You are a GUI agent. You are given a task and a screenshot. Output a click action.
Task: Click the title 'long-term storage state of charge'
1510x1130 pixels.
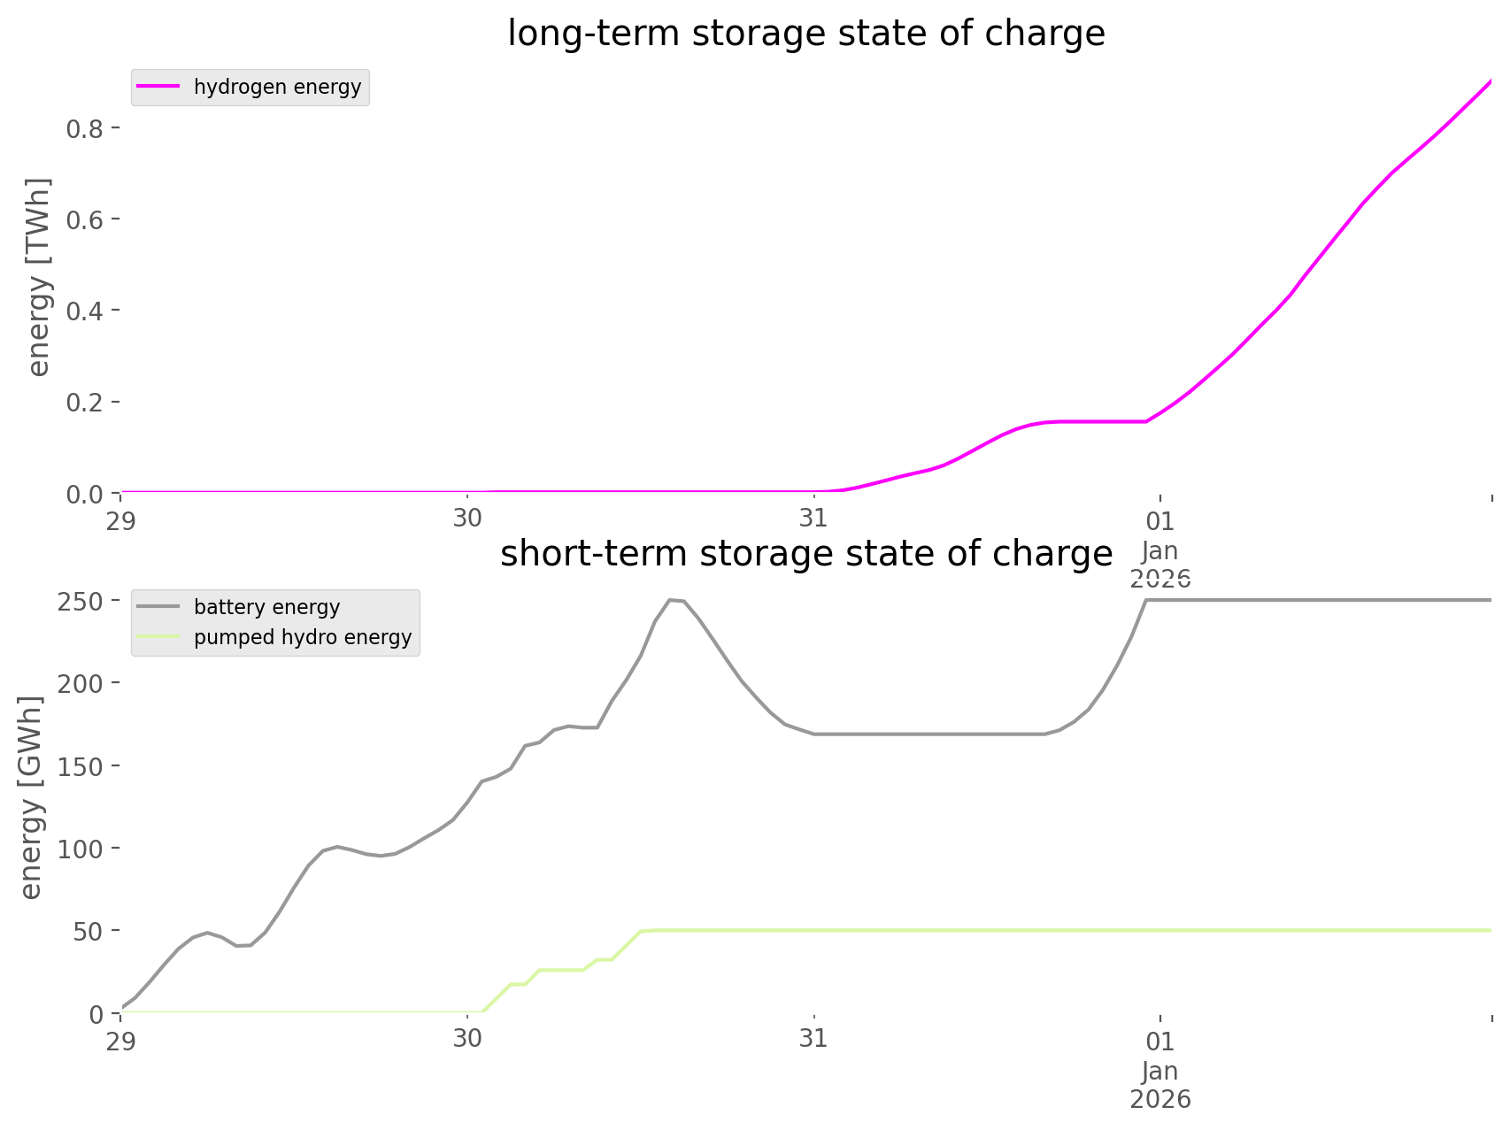click(x=805, y=34)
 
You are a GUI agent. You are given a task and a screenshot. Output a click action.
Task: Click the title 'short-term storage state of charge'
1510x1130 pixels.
click(x=805, y=554)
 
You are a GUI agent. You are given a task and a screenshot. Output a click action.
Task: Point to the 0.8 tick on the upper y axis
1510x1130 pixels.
click(x=87, y=129)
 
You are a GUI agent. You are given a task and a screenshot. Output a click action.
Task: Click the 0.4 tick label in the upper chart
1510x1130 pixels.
click(x=87, y=311)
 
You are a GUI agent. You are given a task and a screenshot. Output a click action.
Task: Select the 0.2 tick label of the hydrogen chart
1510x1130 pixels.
click(x=87, y=403)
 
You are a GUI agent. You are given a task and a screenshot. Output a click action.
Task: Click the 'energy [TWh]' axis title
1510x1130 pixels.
click(x=39, y=277)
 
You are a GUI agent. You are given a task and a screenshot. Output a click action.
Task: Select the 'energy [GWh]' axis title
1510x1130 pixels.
click(x=32, y=797)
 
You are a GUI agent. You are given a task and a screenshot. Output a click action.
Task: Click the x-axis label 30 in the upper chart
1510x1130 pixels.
click(x=467, y=519)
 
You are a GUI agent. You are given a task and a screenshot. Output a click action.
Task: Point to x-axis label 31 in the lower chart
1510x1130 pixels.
click(x=813, y=1039)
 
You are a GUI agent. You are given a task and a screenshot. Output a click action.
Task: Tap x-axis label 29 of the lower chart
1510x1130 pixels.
click(x=121, y=1039)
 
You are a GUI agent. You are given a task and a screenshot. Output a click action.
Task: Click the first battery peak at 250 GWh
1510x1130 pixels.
click(x=671, y=600)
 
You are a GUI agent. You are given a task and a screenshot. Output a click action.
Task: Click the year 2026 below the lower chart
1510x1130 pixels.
click(x=1159, y=1100)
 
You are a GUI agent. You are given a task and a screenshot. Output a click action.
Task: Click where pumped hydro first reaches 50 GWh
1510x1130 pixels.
click(x=644, y=930)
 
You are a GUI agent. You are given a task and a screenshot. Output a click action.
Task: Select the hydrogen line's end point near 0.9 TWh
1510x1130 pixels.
click(x=1491, y=81)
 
